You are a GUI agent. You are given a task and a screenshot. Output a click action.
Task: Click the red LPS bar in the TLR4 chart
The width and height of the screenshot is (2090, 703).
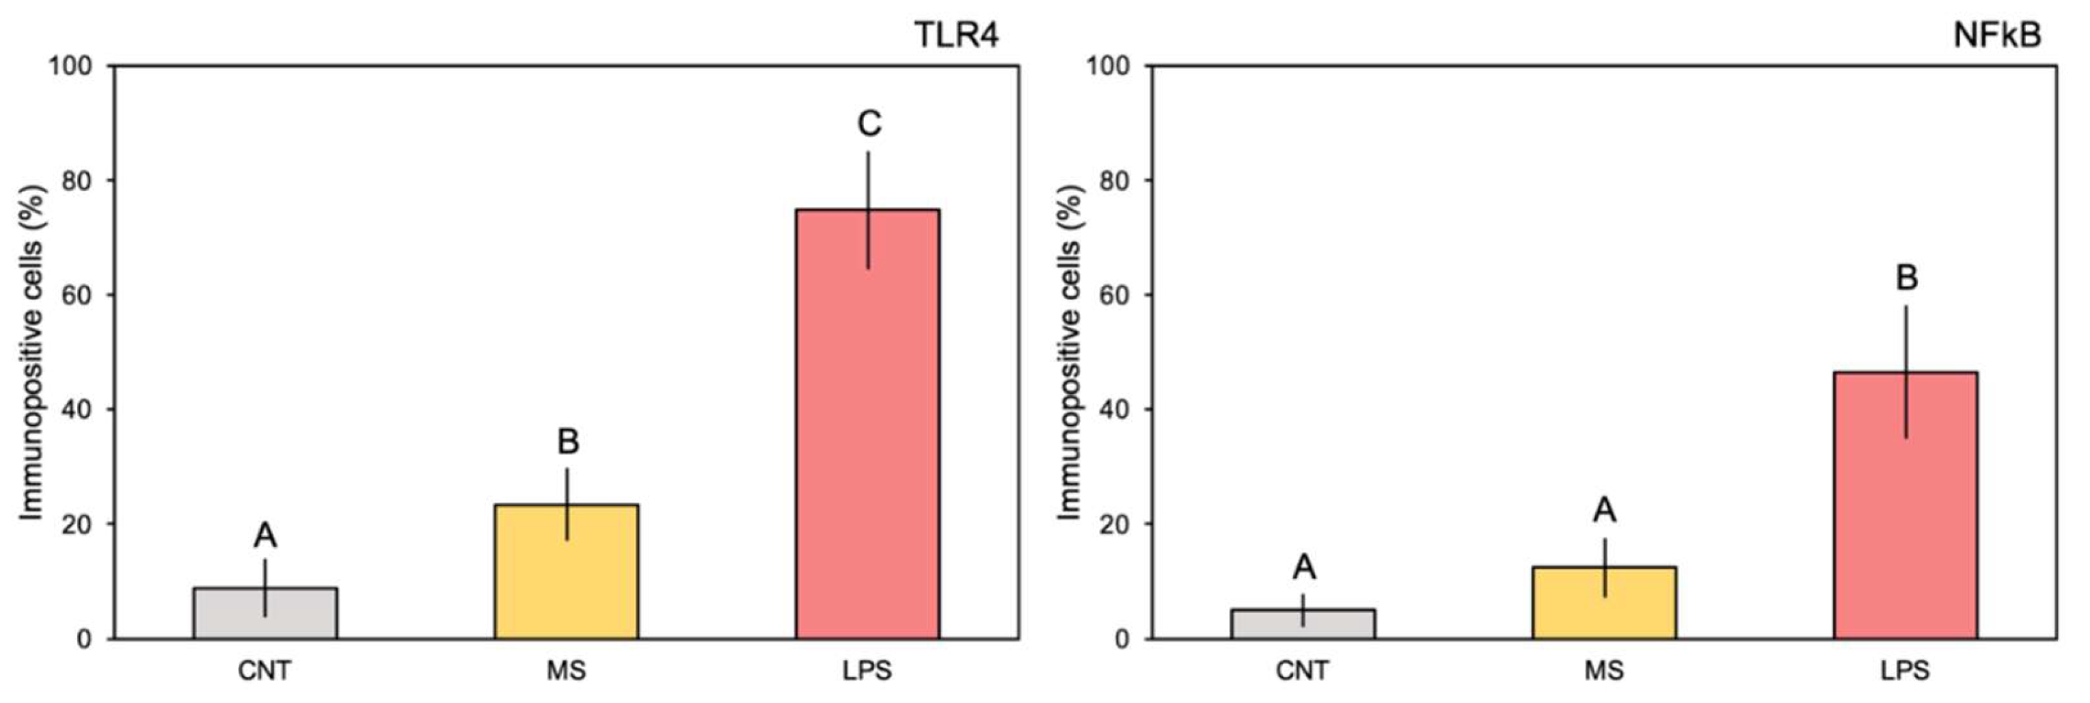[867, 422]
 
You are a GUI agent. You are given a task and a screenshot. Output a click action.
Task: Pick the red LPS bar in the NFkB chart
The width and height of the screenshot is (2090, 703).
[1906, 503]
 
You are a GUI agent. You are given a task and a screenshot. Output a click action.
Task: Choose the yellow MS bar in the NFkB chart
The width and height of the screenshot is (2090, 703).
[1604, 602]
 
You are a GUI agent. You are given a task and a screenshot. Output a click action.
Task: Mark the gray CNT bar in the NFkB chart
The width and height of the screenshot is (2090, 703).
[1303, 624]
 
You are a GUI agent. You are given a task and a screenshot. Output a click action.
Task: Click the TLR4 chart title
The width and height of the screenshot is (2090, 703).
[957, 35]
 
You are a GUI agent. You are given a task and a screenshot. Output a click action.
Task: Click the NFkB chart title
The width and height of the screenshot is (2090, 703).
[1996, 35]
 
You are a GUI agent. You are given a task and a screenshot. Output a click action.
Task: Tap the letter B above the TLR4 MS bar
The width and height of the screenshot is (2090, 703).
[568, 442]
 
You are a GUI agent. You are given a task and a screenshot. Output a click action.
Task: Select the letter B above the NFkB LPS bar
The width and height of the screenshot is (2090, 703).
[1907, 278]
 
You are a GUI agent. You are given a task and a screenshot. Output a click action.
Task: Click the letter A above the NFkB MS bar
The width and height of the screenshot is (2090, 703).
[1605, 509]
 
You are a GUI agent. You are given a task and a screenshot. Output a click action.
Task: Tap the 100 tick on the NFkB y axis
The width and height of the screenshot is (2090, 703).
[1109, 66]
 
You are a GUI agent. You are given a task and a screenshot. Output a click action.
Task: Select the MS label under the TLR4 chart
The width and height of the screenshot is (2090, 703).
[567, 672]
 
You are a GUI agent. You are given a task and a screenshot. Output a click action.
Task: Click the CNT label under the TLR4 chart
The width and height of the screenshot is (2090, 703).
[264, 672]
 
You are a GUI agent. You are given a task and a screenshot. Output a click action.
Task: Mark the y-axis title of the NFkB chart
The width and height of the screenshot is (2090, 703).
[1070, 352]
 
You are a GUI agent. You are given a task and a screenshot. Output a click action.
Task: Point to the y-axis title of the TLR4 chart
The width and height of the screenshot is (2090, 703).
[31, 352]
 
